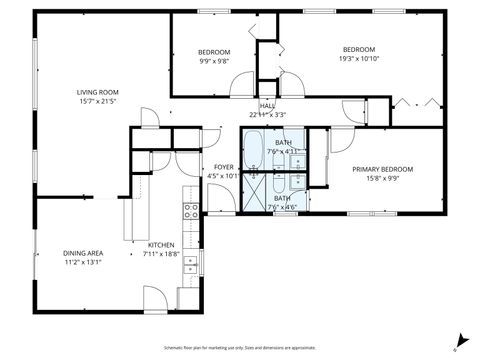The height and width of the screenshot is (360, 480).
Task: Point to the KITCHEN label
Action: (162, 245)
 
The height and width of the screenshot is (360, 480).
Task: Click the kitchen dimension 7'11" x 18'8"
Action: (162, 254)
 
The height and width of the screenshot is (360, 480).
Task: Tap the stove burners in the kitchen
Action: (189, 210)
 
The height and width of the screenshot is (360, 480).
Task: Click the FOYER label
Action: (223, 166)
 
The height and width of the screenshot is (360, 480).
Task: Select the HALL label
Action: (267, 105)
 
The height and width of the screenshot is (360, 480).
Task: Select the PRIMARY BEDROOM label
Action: (382, 169)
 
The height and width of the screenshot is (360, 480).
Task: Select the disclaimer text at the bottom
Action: (240, 347)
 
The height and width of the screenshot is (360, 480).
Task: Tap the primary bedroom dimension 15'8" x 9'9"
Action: (382, 178)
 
